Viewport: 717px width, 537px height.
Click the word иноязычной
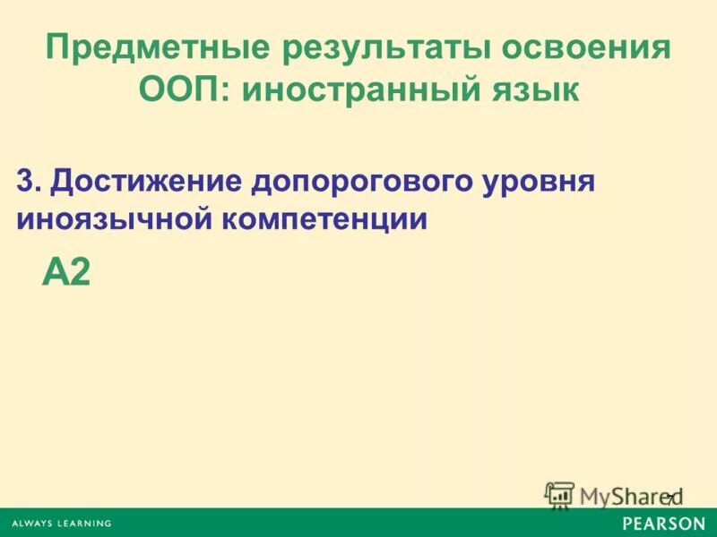point(110,220)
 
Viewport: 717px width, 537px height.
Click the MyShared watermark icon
point(558,495)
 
